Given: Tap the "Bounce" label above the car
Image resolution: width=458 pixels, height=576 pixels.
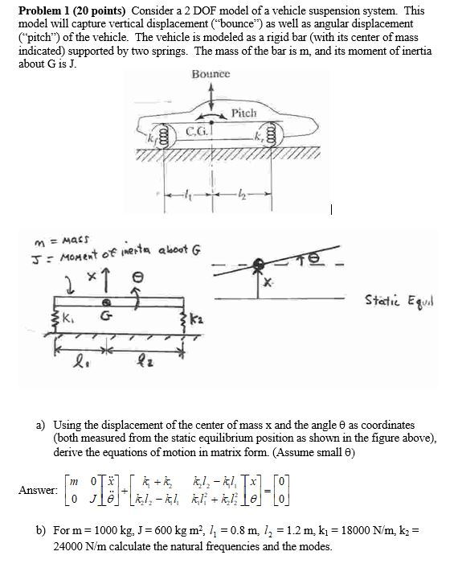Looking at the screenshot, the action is coord(211,74).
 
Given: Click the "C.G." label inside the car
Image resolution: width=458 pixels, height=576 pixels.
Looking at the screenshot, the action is coord(196,131).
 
